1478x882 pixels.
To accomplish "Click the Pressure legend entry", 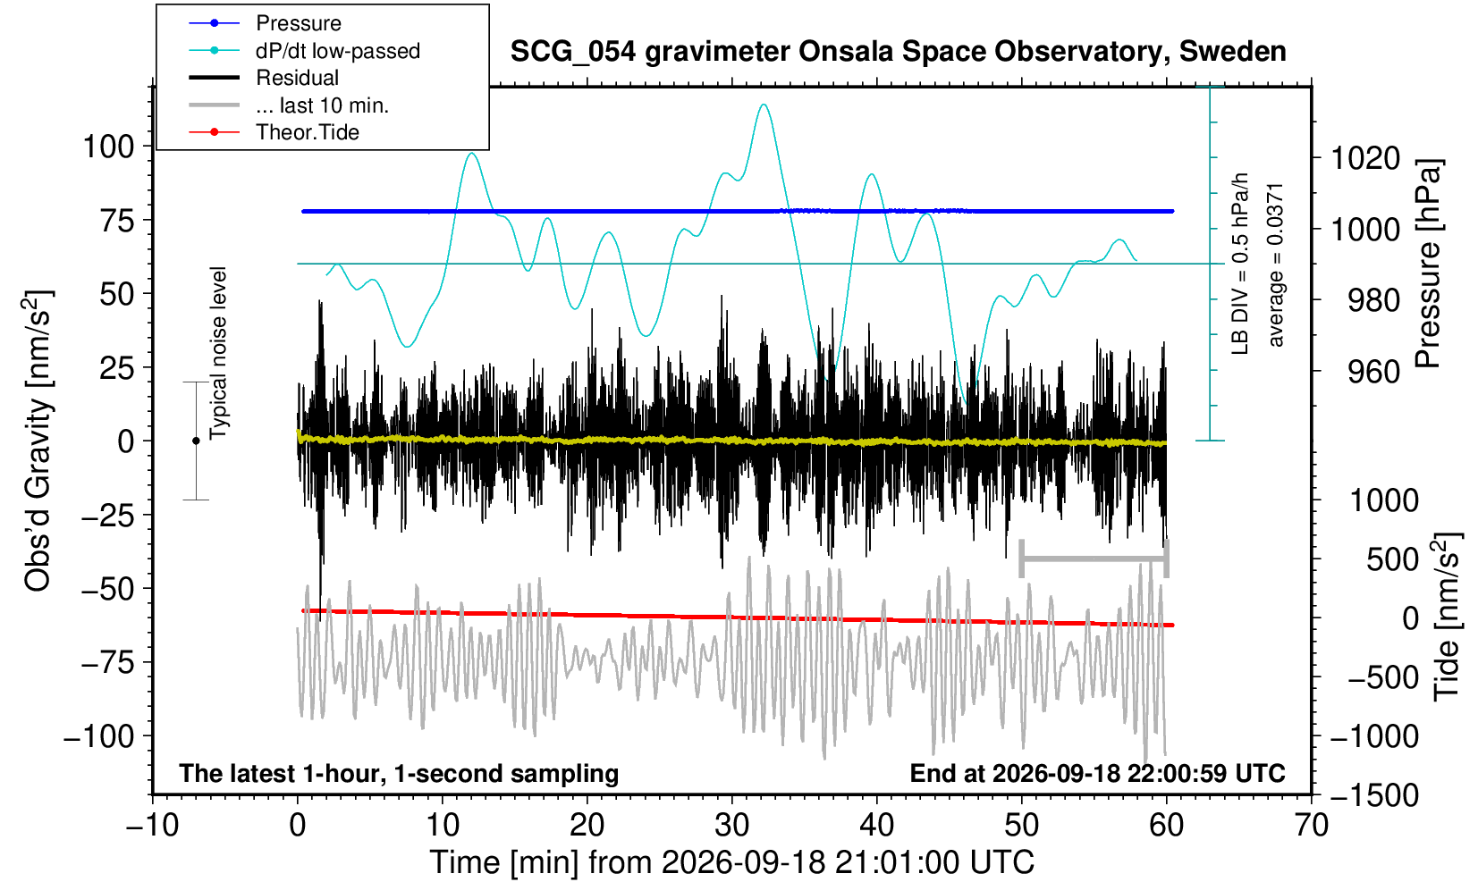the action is pyautogui.click(x=299, y=24).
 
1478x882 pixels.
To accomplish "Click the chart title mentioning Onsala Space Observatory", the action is pyautogui.click(x=898, y=52).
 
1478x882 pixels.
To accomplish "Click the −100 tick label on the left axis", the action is pyautogui.click(x=99, y=735).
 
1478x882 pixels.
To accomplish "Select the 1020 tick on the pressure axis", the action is pyautogui.click(x=1365, y=158).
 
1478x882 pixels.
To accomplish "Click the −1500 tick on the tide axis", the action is pyautogui.click(x=1374, y=795).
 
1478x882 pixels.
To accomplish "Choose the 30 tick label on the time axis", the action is pyautogui.click(x=731, y=826).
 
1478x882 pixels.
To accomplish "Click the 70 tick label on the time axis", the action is pyautogui.click(x=1311, y=826).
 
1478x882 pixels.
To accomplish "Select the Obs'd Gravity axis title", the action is pyautogui.click(x=38, y=441).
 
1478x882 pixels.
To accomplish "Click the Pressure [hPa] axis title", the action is pyautogui.click(x=1429, y=264).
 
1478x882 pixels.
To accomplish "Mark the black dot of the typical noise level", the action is pyautogui.click(x=196, y=441).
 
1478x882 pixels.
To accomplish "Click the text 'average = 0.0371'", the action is pyautogui.click(x=1276, y=265).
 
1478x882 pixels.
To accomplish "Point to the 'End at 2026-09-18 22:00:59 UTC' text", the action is pyautogui.click(x=1097, y=773).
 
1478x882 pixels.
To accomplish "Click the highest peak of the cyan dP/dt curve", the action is pyautogui.click(x=764, y=105).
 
